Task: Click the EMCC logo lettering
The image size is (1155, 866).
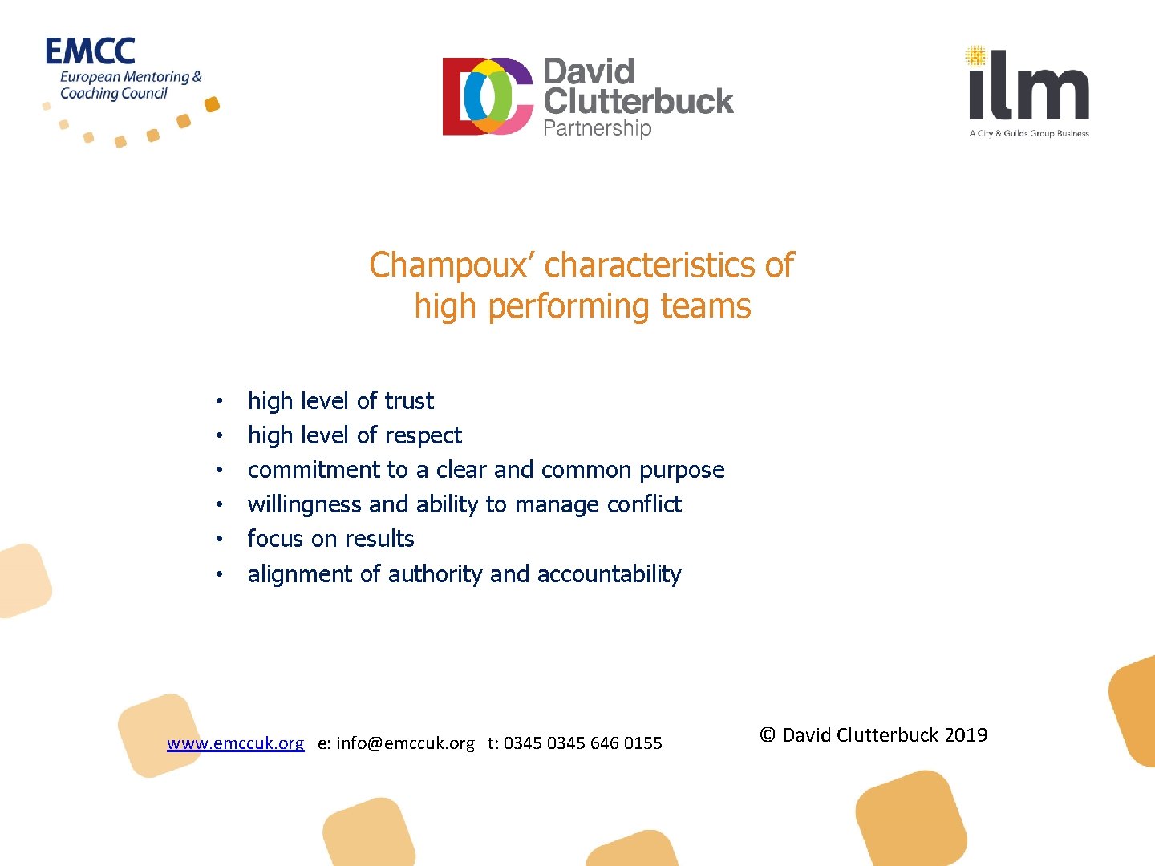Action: click(x=90, y=51)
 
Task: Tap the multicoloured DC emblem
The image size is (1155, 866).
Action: click(x=488, y=95)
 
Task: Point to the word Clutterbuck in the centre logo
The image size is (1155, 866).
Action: click(x=638, y=101)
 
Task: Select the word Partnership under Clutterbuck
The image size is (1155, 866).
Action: click(x=597, y=128)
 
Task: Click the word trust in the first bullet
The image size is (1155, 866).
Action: click(x=409, y=400)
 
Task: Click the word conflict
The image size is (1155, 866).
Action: click(x=644, y=504)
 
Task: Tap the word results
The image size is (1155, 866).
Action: click(x=379, y=539)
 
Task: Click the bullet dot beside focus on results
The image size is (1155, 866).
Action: click(x=218, y=539)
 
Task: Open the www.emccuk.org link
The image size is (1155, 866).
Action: click(x=235, y=743)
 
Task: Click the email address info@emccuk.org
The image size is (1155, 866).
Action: click(x=405, y=743)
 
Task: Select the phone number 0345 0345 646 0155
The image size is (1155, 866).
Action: click(x=582, y=743)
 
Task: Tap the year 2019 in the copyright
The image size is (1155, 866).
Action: click(x=966, y=735)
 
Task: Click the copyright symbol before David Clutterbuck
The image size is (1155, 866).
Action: click(x=768, y=735)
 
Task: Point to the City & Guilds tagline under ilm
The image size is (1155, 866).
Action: click(x=1028, y=134)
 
